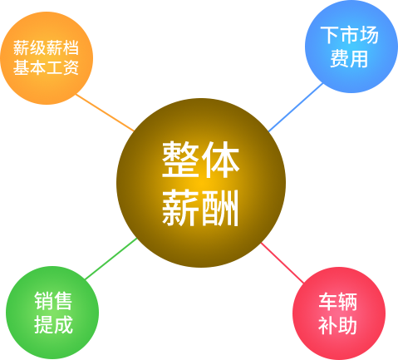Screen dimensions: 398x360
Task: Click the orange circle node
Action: (x=47, y=58)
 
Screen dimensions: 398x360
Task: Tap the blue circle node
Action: (x=351, y=47)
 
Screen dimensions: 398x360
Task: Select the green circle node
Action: (x=52, y=313)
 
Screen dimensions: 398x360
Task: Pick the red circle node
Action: (x=339, y=313)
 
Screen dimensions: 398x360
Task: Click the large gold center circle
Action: (x=201, y=183)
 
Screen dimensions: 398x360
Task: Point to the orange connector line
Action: (x=105, y=112)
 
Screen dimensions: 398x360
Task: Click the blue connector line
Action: (x=296, y=107)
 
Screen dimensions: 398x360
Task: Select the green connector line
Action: (x=111, y=259)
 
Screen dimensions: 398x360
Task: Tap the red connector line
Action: (x=283, y=263)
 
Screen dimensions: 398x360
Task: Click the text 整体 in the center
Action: (x=200, y=160)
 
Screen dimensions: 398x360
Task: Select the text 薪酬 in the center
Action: (x=200, y=208)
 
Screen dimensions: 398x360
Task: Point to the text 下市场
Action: (x=349, y=35)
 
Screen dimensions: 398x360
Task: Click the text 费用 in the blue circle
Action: (x=349, y=59)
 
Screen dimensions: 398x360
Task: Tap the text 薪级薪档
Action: (x=46, y=47)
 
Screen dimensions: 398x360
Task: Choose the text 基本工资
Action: (x=46, y=67)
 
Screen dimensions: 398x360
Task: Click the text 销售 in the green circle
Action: (x=53, y=301)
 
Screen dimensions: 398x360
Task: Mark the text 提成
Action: (x=53, y=324)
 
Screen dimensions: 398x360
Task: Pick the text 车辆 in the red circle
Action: (x=337, y=302)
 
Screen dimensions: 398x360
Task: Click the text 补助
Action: (x=337, y=325)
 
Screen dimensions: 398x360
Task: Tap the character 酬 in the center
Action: (x=220, y=208)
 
